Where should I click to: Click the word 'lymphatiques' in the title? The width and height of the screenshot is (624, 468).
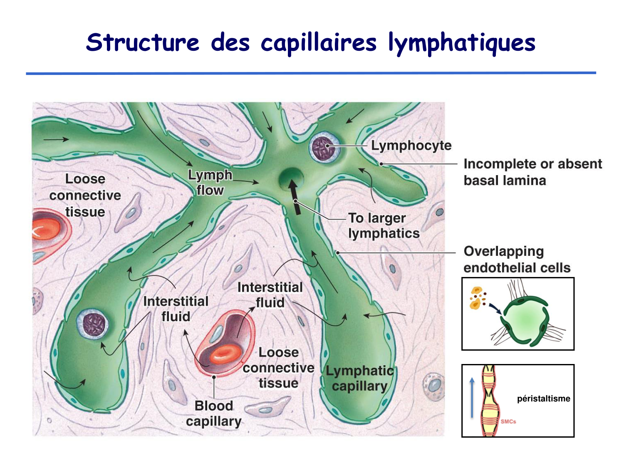[462, 43]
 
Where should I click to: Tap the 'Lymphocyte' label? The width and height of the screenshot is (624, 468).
[411, 146]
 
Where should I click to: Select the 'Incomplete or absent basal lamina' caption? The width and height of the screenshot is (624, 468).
[532, 172]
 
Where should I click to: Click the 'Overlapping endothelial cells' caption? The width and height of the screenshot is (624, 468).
[517, 260]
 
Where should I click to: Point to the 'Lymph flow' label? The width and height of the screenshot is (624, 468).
[210, 183]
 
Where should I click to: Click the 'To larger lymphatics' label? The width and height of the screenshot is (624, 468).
[384, 226]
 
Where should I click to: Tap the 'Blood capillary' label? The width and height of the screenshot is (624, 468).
[214, 414]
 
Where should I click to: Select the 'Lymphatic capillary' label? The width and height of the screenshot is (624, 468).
[359, 378]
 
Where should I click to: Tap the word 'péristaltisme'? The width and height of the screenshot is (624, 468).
[543, 399]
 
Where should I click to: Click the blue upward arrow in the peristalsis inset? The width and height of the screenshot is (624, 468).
[472, 397]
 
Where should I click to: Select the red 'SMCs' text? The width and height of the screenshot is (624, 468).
[508, 421]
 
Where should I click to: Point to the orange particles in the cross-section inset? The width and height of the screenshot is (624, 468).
[476, 298]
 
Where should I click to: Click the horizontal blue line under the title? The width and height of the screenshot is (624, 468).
[311, 73]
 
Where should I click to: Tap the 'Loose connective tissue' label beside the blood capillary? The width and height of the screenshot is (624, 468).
[278, 368]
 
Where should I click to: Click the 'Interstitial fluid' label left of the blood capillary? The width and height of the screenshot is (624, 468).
[176, 309]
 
